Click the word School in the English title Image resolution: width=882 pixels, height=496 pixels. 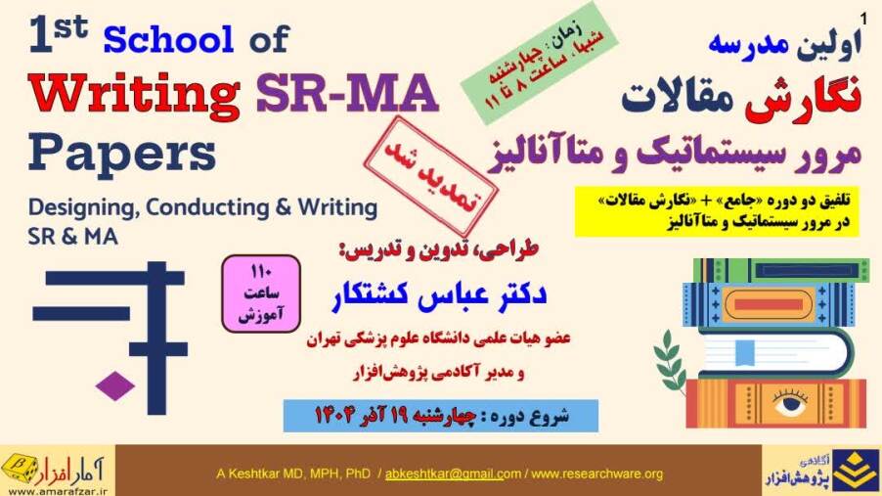pyautogui.click(x=168, y=39)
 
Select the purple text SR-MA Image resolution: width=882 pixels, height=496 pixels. pyautogui.click(x=347, y=93)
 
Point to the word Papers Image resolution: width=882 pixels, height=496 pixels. pyautogui.click(x=122, y=154)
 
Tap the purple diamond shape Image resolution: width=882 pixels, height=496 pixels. pyautogui.click(x=115, y=386)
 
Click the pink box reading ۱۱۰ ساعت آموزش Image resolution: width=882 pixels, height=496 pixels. pyautogui.click(x=261, y=293)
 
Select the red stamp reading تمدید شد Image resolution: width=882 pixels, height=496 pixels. pyautogui.click(x=431, y=176)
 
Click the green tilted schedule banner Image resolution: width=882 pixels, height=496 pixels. pyautogui.click(x=539, y=63)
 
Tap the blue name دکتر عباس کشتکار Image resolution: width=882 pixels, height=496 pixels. pyautogui.click(x=439, y=295)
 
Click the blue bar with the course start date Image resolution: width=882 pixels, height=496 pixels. pyautogui.click(x=440, y=416)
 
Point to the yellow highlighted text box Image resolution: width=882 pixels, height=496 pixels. pyautogui.click(x=717, y=211)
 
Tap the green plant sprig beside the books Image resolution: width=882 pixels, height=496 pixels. pyautogui.click(x=670, y=361)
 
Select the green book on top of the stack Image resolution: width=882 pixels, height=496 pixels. pyautogui.click(x=781, y=270)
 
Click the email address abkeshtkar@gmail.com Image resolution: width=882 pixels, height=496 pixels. pyautogui.click(x=453, y=474)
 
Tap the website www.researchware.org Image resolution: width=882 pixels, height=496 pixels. pyautogui.click(x=596, y=474)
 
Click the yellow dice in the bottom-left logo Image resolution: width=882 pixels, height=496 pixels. pyautogui.click(x=21, y=468)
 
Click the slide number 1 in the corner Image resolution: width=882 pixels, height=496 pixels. pyautogui.click(x=863, y=19)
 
